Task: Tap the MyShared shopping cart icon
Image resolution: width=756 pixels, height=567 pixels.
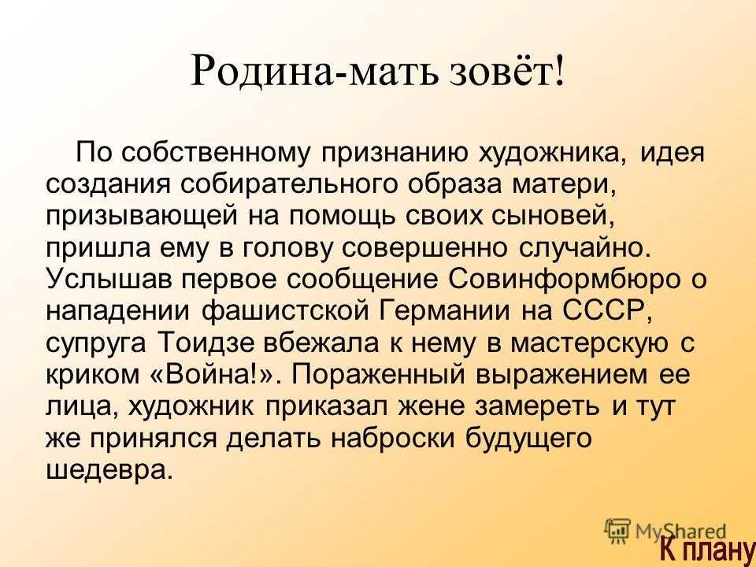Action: [x=617, y=531]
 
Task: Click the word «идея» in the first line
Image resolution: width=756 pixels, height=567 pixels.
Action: [x=673, y=153]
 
